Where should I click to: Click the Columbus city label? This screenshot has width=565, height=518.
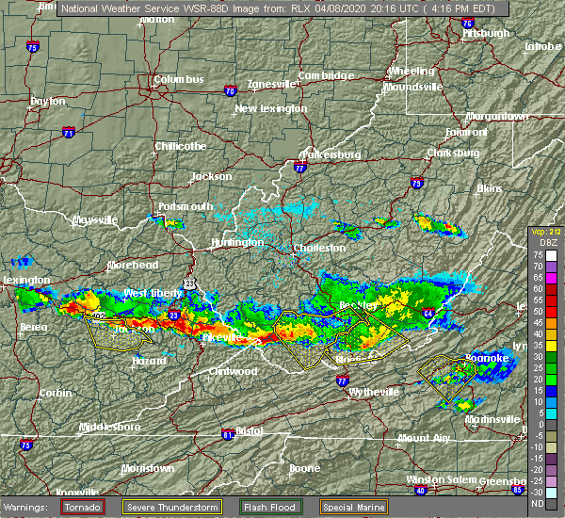[x=179, y=80]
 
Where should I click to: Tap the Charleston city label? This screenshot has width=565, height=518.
[x=320, y=248]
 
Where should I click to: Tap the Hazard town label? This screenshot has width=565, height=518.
[x=144, y=361]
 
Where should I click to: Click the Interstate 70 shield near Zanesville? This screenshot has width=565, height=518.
[x=230, y=91]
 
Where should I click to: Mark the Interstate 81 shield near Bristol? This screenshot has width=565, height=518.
[x=227, y=434]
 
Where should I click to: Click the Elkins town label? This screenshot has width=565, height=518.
[x=490, y=188]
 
